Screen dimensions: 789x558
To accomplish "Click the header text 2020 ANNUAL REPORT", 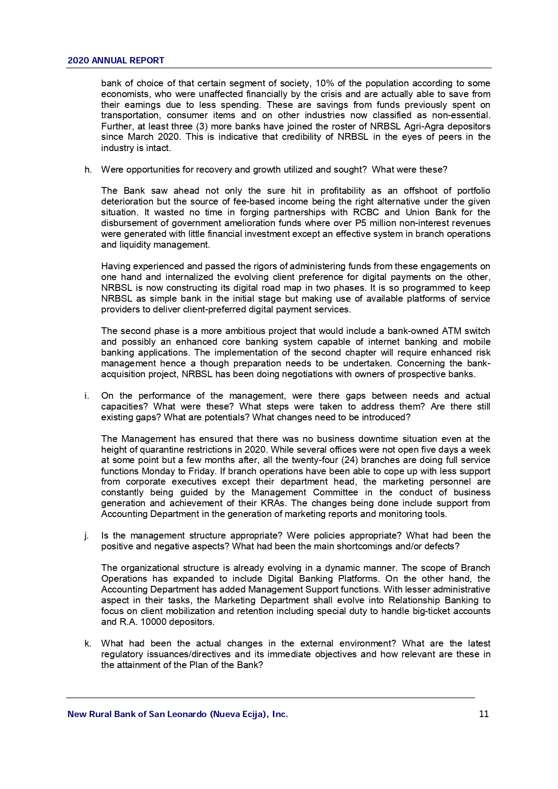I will (116, 60).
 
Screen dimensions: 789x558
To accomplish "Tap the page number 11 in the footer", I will (484, 714).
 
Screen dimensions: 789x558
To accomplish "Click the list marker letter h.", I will (88, 169).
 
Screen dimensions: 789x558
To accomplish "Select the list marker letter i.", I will (86, 396).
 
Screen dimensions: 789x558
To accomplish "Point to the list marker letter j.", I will (86, 535).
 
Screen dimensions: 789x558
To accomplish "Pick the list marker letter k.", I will (88, 643).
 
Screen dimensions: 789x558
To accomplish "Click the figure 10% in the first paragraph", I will (324, 83).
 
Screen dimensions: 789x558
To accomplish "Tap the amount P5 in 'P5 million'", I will (361, 223).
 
